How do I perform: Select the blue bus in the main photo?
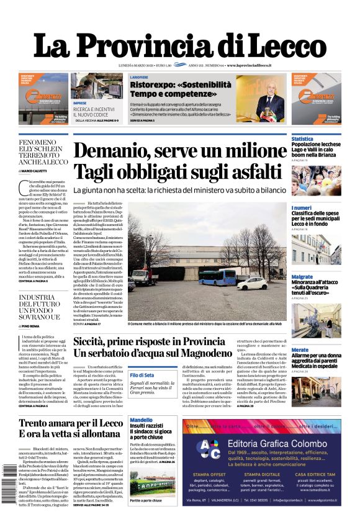(217, 277)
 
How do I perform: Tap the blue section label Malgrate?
(302, 276)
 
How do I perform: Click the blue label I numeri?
(302, 208)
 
